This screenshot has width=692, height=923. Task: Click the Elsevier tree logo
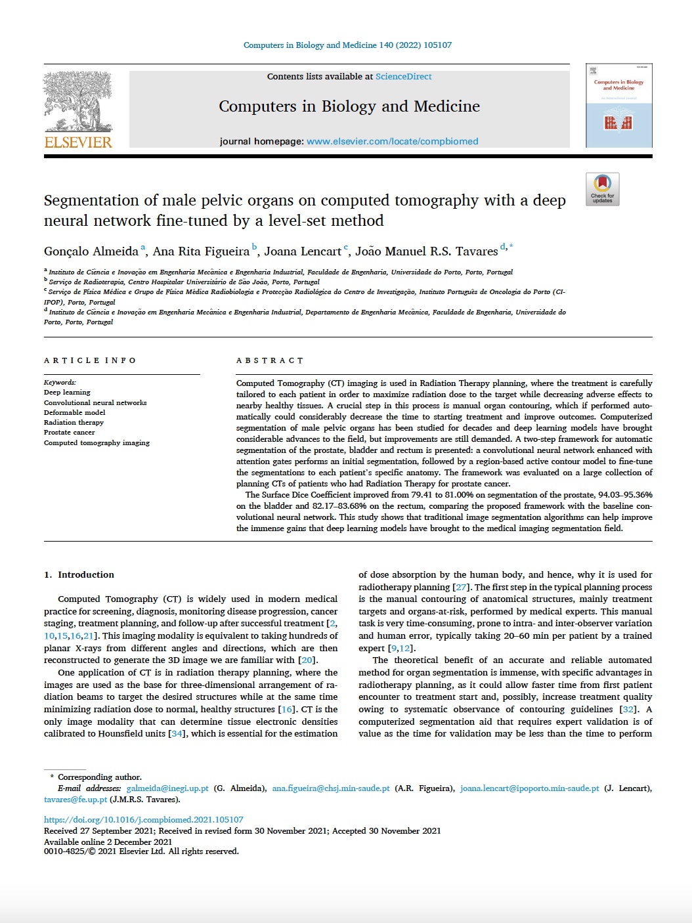click(x=77, y=101)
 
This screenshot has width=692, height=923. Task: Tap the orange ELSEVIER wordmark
click(x=77, y=141)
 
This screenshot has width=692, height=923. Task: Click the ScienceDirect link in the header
click(x=403, y=77)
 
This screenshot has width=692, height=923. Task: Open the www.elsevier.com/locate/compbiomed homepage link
click(x=392, y=141)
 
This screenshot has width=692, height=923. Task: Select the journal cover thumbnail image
click(x=618, y=105)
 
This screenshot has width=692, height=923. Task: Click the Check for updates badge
click(x=602, y=189)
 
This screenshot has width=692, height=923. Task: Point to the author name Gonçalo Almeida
click(x=91, y=251)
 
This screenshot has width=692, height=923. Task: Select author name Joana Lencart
click(x=303, y=251)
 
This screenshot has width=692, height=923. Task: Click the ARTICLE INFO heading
click(x=90, y=360)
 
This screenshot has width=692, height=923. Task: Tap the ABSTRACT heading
click(x=270, y=360)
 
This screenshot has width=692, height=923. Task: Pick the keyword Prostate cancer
click(x=69, y=433)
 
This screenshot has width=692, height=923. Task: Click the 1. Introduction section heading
click(x=79, y=574)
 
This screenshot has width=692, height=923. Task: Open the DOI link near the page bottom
click(x=143, y=820)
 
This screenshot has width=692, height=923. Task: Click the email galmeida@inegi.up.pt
click(x=167, y=788)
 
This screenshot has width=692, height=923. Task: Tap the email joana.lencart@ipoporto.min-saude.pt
click(x=529, y=788)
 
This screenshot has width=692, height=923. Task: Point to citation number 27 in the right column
click(x=461, y=587)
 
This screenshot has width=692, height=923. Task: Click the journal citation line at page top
click(x=347, y=45)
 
